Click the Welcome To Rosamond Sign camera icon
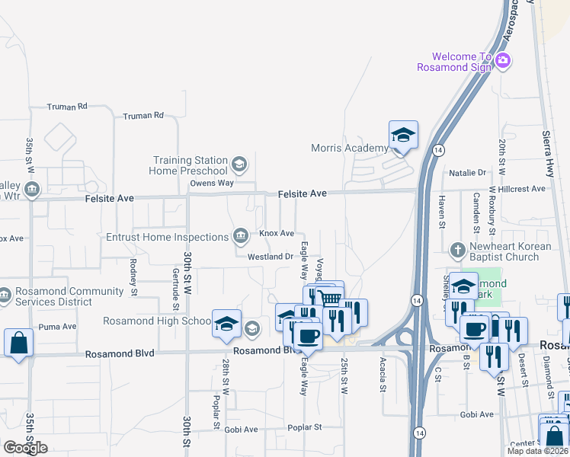[502, 61]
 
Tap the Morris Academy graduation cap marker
[403, 136]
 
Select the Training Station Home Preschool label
[191, 165]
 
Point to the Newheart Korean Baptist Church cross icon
[458, 249]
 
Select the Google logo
[25, 448]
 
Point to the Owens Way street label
[212, 183]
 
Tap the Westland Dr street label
[270, 257]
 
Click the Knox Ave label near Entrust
[277, 233]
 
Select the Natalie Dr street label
[467, 173]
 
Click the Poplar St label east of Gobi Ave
[305, 428]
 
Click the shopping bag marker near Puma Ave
[18, 343]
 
